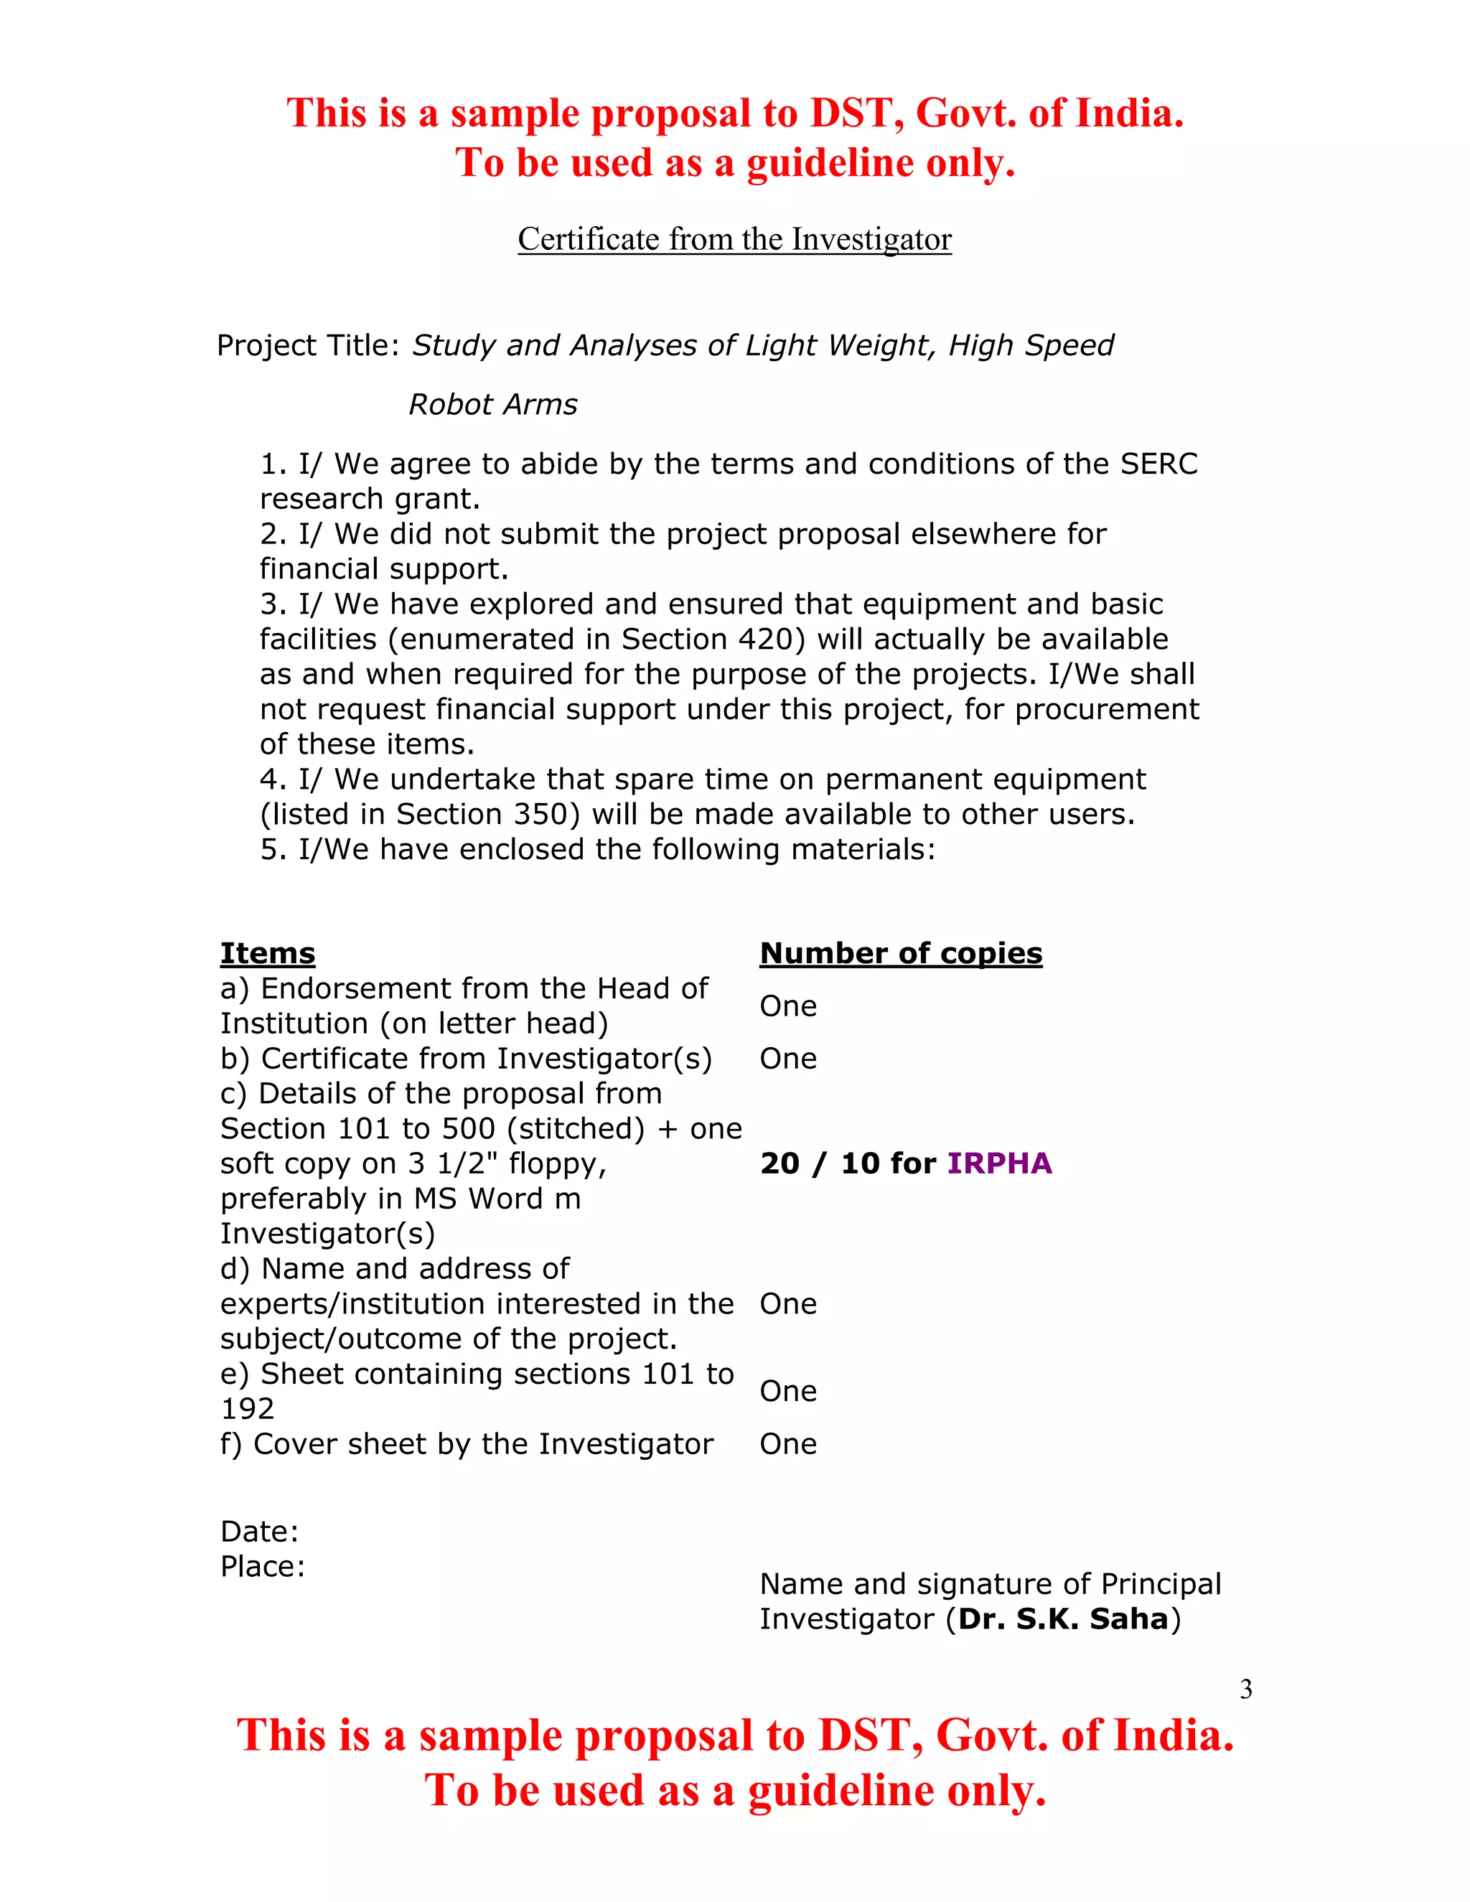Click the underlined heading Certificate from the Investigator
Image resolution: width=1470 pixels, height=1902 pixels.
pos(734,240)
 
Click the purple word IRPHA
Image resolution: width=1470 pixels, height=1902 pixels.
pos(999,1163)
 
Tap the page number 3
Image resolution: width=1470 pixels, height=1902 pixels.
pos(1245,1690)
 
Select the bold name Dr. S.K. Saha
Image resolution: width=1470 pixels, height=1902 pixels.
pos(1062,1619)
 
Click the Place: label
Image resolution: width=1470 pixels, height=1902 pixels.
pos(263,1567)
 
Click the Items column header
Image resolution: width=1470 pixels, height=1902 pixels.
pos(267,954)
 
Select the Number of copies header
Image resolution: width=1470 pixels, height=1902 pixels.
pos(901,954)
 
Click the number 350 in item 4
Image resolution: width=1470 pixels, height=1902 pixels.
pos(540,815)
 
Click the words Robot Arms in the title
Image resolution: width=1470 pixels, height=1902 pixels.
pos(493,405)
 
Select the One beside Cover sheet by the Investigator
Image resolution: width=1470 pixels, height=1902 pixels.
pos(787,1444)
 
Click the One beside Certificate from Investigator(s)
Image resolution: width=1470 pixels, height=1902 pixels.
pos(787,1059)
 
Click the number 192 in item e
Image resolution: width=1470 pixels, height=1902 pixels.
pos(248,1409)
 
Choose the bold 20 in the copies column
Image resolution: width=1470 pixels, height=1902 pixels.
pos(780,1163)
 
